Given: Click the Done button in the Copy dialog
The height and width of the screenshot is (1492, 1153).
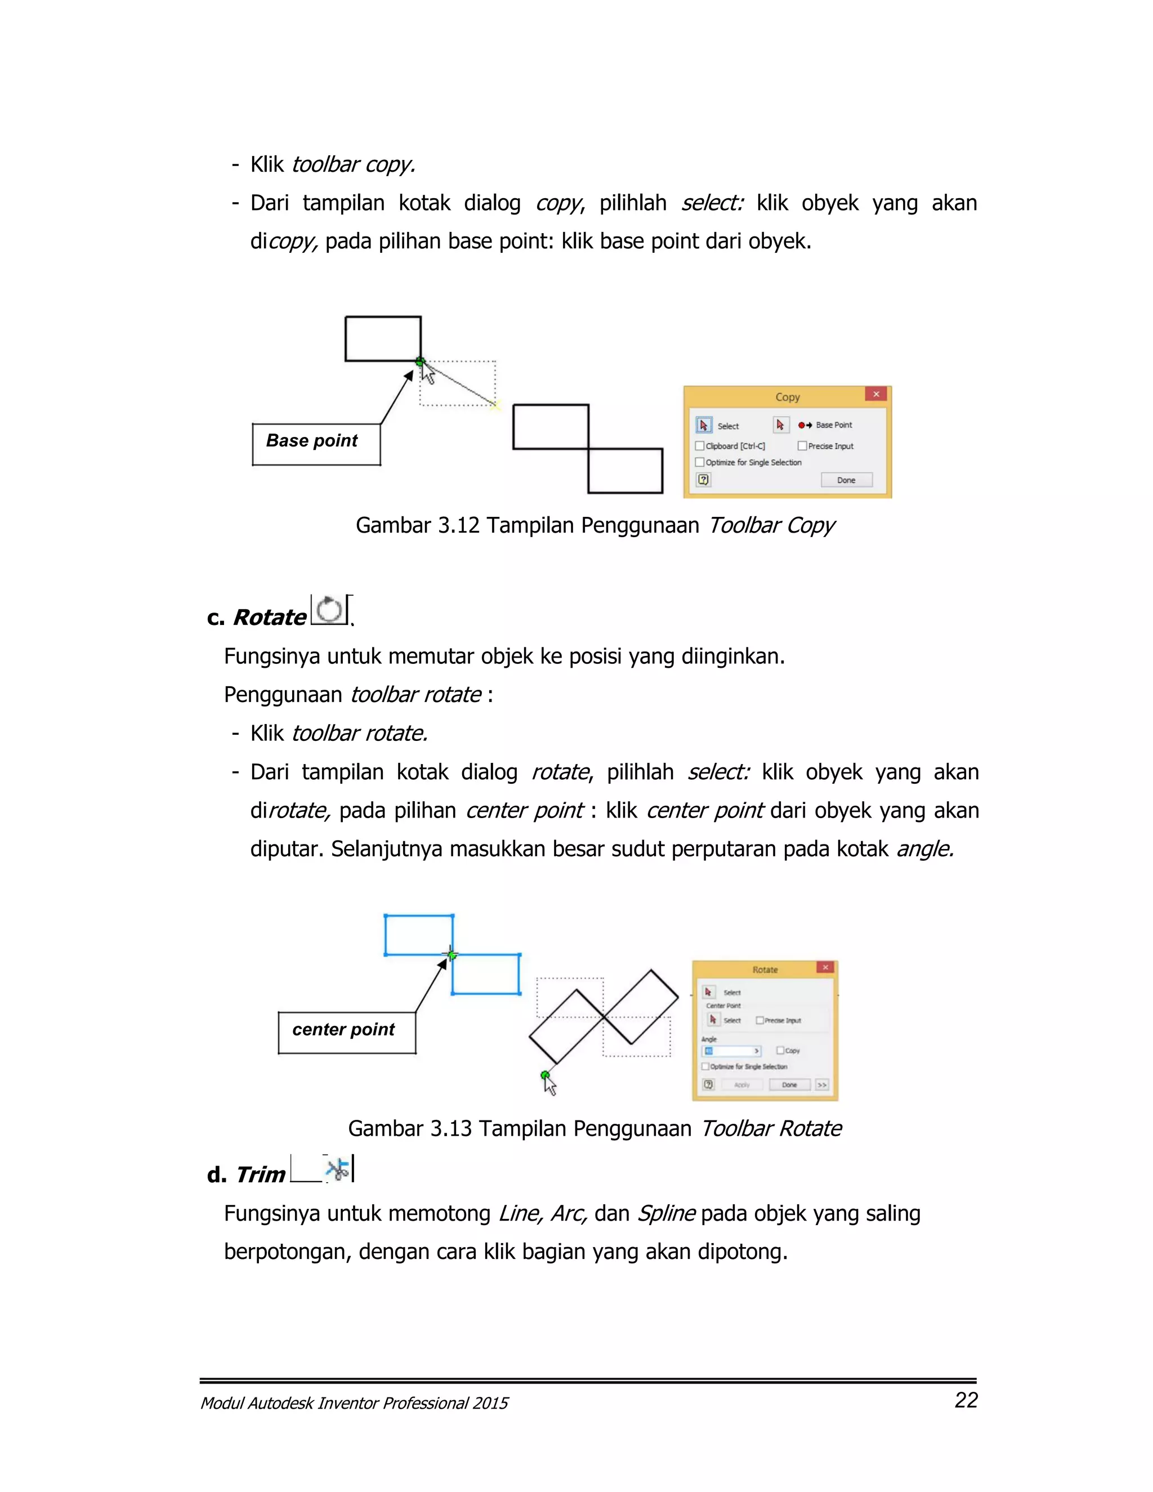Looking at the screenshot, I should click(x=846, y=480).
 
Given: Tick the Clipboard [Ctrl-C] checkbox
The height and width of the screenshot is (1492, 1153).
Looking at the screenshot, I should click(x=699, y=446).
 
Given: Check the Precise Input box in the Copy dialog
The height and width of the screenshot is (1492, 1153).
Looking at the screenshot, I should click(x=803, y=446).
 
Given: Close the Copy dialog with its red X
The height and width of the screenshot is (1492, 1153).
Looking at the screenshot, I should click(x=875, y=394).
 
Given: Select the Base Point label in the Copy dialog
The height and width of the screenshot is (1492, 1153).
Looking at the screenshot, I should click(x=833, y=425).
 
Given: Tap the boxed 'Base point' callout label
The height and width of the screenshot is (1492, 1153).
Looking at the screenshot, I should click(x=312, y=441).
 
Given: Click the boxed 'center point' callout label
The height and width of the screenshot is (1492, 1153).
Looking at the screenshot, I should click(x=343, y=1030).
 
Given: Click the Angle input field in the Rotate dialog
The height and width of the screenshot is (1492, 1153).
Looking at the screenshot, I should click(x=730, y=1051).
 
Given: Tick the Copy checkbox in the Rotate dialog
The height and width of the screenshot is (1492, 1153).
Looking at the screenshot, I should click(x=780, y=1051).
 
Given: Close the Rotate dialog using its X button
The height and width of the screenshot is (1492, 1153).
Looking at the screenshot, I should click(x=825, y=967).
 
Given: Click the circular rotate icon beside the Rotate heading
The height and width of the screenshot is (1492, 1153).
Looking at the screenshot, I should click(x=330, y=610).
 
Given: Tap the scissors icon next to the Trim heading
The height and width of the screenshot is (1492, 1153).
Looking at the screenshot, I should click(x=337, y=1169).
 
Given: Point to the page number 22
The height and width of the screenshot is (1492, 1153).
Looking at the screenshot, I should click(x=966, y=1400).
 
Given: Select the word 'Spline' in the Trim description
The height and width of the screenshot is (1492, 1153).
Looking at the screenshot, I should click(x=666, y=1213).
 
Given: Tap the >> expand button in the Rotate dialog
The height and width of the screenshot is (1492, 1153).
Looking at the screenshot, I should click(x=822, y=1085).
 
